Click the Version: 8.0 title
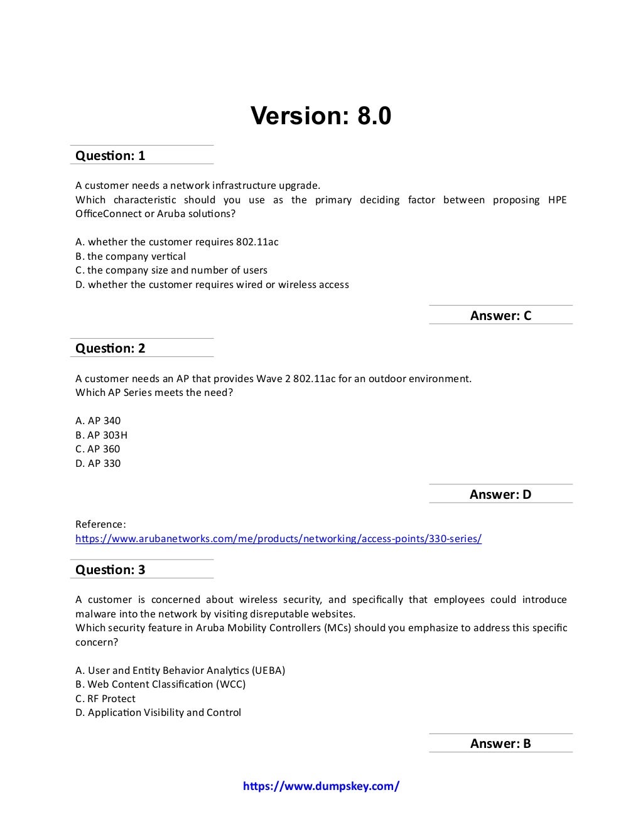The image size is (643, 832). pyautogui.click(x=321, y=116)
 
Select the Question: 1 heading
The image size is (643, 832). pyautogui.click(x=110, y=156)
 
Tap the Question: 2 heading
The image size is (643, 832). pyautogui.click(x=110, y=348)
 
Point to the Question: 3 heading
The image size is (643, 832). pyautogui.click(x=110, y=570)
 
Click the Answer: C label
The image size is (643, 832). pyautogui.click(x=500, y=316)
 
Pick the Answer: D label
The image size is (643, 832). pyautogui.click(x=500, y=494)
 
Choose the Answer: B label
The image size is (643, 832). pyautogui.click(x=500, y=744)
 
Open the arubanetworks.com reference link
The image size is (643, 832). pyautogui.click(x=278, y=538)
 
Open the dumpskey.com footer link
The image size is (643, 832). pyautogui.click(x=321, y=786)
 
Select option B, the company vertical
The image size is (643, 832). pyautogui.click(x=131, y=256)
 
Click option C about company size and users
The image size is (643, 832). pyautogui.click(x=171, y=270)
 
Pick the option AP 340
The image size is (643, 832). pyautogui.click(x=98, y=421)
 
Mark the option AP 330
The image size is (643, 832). pyautogui.click(x=98, y=464)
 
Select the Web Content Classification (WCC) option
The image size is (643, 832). pyautogui.click(x=160, y=685)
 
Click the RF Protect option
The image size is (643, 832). pyautogui.click(x=105, y=699)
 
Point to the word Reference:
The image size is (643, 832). pyautogui.click(x=100, y=525)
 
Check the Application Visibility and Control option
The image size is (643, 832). pyautogui.click(x=158, y=713)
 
